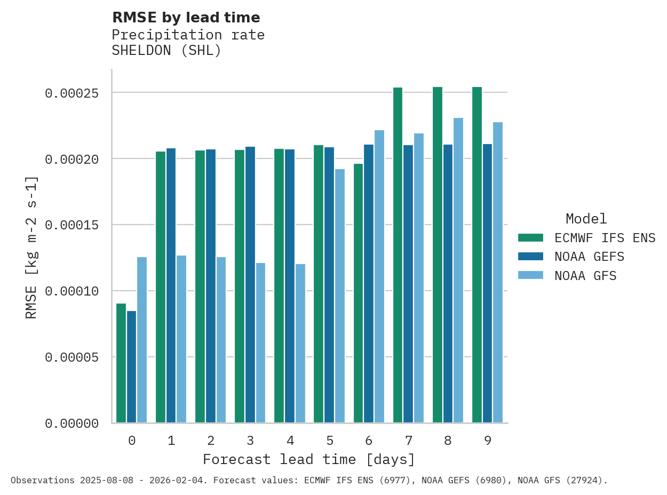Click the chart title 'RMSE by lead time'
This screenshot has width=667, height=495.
coord(186,18)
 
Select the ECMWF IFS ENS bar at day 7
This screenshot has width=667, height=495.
coord(398,255)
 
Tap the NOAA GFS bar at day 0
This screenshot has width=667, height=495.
coord(142,340)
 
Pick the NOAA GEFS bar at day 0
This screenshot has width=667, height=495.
coord(131,366)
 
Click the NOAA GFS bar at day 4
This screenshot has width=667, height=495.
coord(300,343)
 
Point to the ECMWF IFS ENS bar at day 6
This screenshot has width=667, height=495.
coord(358,293)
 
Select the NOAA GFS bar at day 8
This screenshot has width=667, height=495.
coord(458,270)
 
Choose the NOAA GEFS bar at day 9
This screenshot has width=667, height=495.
coord(487,283)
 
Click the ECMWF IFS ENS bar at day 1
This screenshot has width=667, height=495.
coord(161,287)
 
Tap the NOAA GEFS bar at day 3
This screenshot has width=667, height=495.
coord(250,284)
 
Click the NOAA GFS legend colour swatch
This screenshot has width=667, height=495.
coord(530,276)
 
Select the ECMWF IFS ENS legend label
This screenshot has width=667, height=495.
coord(605,237)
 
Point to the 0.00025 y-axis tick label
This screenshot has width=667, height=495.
coord(72,93)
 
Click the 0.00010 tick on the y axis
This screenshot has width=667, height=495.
coord(72,291)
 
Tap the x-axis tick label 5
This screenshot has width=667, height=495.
coord(330,441)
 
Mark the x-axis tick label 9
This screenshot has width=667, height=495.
coord(488,441)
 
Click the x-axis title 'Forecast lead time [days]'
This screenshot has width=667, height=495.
coord(309,459)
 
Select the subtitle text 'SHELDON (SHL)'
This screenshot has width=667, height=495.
coord(166,51)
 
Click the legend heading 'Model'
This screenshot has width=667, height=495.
coord(586,219)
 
